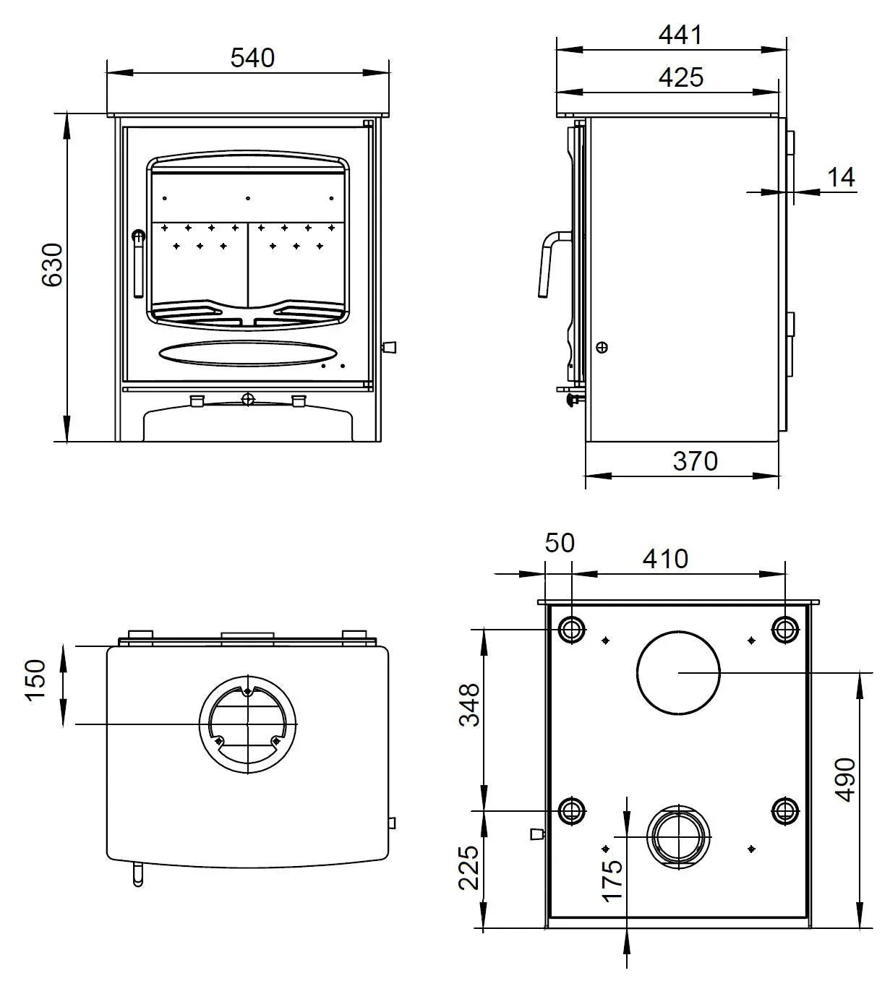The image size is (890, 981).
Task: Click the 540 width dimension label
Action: (252, 58)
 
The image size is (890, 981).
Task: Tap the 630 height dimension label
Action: (52, 265)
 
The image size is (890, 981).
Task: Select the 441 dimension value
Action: (680, 35)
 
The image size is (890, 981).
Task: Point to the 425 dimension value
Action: (680, 77)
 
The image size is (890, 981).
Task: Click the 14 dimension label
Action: (841, 177)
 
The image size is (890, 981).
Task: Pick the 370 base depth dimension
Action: (695, 460)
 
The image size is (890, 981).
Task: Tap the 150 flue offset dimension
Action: (35, 679)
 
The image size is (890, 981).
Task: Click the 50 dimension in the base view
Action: (559, 542)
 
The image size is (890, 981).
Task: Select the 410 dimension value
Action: (665, 558)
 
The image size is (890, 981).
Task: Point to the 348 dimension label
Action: (468, 705)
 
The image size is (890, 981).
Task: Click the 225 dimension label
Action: (468, 868)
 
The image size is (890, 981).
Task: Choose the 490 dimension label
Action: (844, 779)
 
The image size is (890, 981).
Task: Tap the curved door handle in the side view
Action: (549, 260)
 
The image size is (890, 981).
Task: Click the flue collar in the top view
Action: (248, 724)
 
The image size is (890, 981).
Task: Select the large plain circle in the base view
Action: (678, 672)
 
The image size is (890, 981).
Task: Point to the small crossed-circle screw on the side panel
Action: (602, 347)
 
